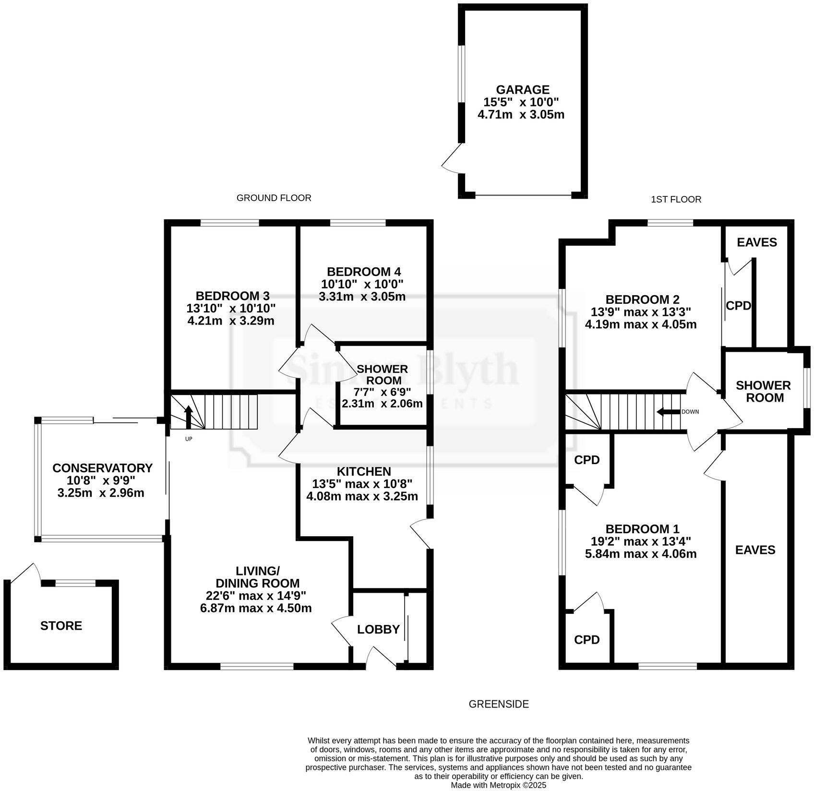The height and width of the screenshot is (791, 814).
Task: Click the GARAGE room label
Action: pyautogui.click(x=522, y=90)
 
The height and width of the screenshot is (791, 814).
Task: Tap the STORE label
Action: pyautogui.click(x=61, y=625)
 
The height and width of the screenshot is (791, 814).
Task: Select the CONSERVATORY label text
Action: pyautogui.click(x=102, y=468)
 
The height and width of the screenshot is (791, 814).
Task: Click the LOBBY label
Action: pyautogui.click(x=378, y=629)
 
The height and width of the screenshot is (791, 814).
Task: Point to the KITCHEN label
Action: pyautogui.click(x=364, y=471)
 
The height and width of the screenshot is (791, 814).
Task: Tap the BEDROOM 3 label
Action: pyautogui.click(x=232, y=296)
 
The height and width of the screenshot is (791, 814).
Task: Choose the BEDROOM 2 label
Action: pyautogui.click(x=642, y=300)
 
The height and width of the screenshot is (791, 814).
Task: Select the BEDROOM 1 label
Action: pyautogui.click(x=642, y=529)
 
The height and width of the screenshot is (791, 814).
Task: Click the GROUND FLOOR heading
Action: pyautogui.click(x=274, y=198)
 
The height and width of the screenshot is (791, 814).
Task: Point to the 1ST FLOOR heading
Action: pyautogui.click(x=676, y=199)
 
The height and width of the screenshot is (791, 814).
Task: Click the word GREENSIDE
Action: pyautogui.click(x=499, y=704)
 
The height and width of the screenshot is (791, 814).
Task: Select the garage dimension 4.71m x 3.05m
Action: pyautogui.click(x=521, y=115)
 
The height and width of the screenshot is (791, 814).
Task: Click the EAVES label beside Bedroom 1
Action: pyautogui.click(x=755, y=550)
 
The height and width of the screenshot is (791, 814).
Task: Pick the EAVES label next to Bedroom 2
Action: pyautogui.click(x=757, y=242)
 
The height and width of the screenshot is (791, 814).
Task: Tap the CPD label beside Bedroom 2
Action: pyautogui.click(x=738, y=306)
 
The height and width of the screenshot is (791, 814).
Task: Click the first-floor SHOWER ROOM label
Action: pyautogui.click(x=763, y=391)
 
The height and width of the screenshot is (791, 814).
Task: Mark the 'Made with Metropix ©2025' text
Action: pyautogui.click(x=498, y=785)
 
